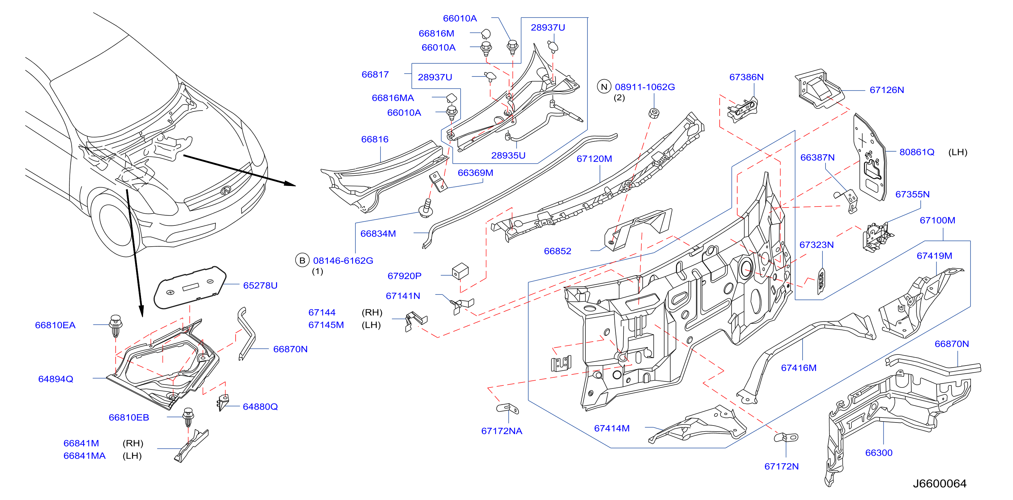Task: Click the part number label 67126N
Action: pyautogui.click(x=886, y=90)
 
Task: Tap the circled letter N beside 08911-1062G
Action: pyautogui.click(x=604, y=87)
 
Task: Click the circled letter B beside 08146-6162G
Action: pyautogui.click(x=302, y=260)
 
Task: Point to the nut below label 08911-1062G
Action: pyautogui.click(x=653, y=113)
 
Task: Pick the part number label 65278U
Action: pyautogui.click(x=260, y=285)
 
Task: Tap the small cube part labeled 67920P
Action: pyautogui.click(x=460, y=271)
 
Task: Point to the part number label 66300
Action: pyautogui.click(x=879, y=453)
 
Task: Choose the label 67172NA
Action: pyautogui.click(x=501, y=431)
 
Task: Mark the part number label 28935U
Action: pyautogui.click(x=508, y=156)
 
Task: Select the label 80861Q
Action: pyautogui.click(x=917, y=152)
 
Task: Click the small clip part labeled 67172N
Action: pyautogui.click(x=786, y=437)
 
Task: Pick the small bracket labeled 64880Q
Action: pyautogui.click(x=223, y=402)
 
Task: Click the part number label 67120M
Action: pyautogui.click(x=594, y=159)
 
